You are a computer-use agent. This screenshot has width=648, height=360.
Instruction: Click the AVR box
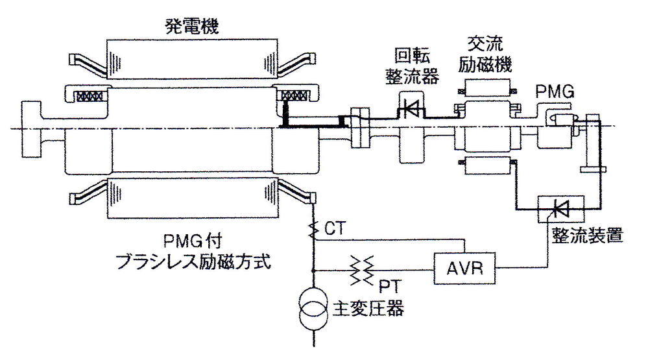coord(464,268)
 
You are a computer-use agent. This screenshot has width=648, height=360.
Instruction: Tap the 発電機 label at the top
coord(191,27)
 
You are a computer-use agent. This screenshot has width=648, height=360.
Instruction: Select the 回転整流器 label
coord(412,66)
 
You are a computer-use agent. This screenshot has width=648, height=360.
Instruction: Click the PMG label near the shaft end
coord(555,91)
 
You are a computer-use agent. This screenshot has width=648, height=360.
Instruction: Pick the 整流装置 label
coord(587,235)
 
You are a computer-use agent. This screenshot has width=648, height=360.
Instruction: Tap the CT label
coord(334,228)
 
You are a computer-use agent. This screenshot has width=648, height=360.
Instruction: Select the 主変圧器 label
coord(368,308)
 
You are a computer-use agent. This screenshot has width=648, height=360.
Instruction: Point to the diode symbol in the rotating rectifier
coord(411,109)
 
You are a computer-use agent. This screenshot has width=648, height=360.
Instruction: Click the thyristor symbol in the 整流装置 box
coord(560,209)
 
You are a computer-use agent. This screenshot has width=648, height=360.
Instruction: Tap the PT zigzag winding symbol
coord(362,270)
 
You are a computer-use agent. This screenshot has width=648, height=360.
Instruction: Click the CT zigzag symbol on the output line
coord(315,230)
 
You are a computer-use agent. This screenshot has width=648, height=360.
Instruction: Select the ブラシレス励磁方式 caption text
coord(194,261)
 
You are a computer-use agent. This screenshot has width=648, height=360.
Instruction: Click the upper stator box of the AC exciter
coord(486,88)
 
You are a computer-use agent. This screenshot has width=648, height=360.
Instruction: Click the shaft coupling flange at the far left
coord(31,129)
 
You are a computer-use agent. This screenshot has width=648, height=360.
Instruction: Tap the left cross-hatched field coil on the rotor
coord(88,96)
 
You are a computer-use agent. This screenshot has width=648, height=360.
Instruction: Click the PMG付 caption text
coord(193,240)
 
